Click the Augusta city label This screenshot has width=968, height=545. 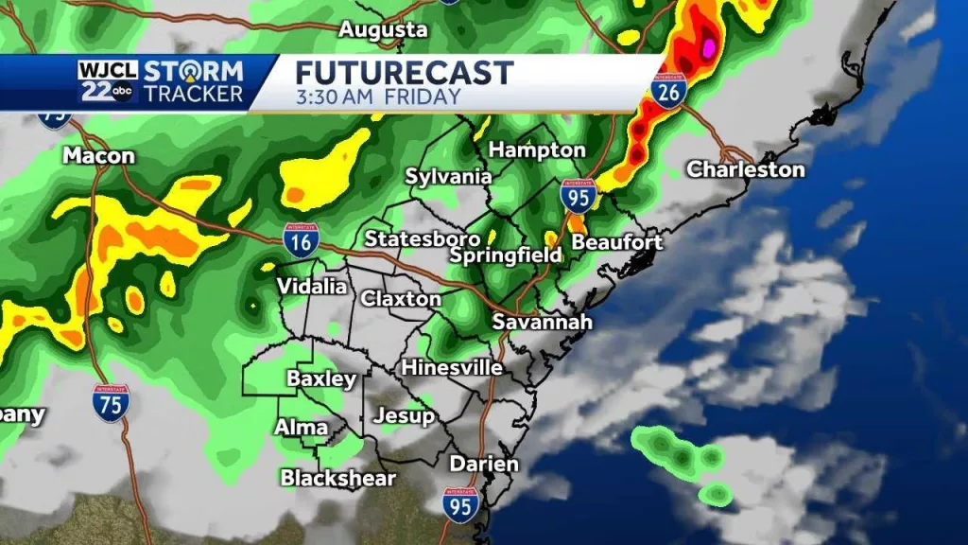384,29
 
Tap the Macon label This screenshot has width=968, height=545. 98,155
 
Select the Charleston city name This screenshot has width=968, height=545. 745,169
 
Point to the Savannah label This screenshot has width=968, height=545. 543,322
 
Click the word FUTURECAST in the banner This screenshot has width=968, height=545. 405,73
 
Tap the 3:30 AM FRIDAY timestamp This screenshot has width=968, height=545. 378,97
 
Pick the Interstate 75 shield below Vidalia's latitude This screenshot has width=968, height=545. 112,402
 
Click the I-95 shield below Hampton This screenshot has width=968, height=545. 578,195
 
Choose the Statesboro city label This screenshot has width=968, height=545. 423,237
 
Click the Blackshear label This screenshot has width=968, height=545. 337,478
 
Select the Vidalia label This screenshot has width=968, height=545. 311,286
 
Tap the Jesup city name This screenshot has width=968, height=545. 404,415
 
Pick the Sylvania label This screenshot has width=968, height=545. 449,176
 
